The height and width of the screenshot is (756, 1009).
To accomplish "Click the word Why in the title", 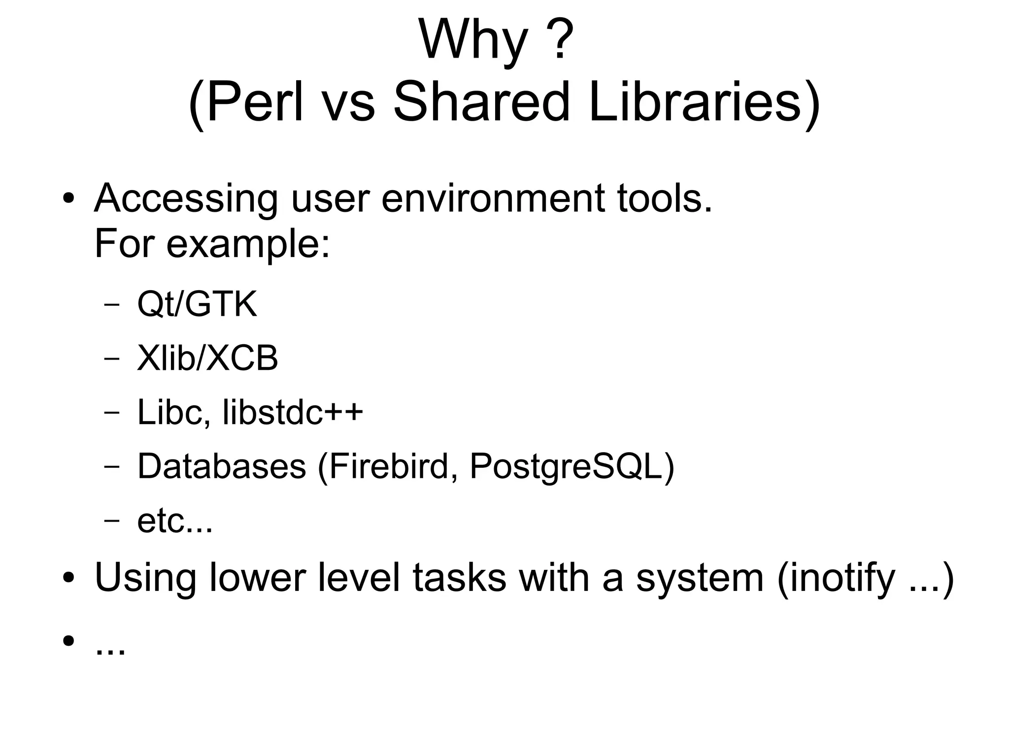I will click(473, 40).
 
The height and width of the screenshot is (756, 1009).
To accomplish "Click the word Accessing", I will click(186, 199).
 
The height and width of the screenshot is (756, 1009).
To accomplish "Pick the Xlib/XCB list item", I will click(207, 358).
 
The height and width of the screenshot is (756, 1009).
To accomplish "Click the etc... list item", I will click(175, 521).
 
